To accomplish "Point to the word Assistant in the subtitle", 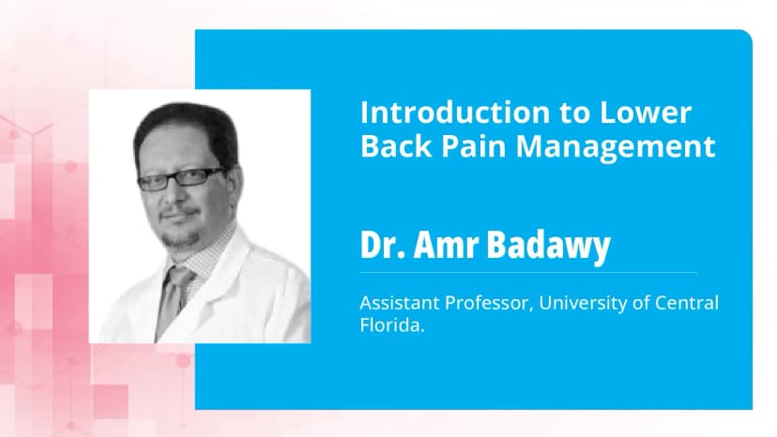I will [x=398, y=304].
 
